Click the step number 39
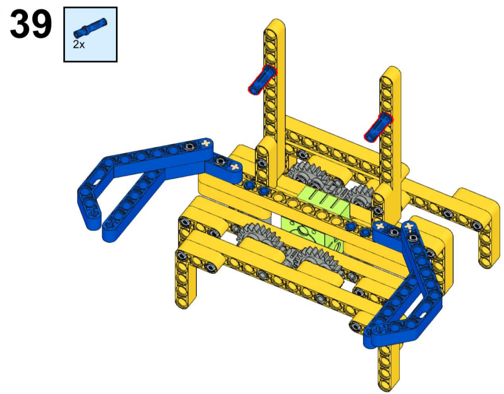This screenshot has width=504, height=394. pyautogui.click(x=31, y=24)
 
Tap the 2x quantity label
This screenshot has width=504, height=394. pyautogui.click(x=78, y=45)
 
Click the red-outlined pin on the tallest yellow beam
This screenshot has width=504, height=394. pyautogui.click(x=262, y=79)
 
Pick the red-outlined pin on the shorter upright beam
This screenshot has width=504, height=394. pyautogui.click(x=378, y=127)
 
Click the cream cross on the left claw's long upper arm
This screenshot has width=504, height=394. pyautogui.click(x=205, y=143)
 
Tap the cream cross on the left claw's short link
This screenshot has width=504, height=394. pyautogui.click(x=235, y=167)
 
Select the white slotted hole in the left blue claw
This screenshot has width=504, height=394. pyautogui.click(x=96, y=182)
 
